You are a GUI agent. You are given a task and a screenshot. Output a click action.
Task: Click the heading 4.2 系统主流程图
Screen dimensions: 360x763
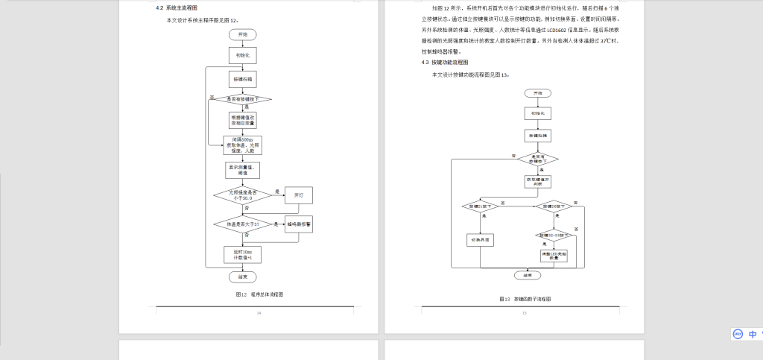(x=177, y=7)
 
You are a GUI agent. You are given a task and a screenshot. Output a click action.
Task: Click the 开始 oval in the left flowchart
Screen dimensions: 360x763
(x=242, y=34)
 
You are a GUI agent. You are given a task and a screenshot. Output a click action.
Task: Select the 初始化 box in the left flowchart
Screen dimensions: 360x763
(x=242, y=55)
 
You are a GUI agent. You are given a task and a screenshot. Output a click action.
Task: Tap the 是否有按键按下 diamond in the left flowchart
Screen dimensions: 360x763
(x=242, y=98)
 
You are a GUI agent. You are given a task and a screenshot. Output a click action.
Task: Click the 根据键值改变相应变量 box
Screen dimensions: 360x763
(x=242, y=120)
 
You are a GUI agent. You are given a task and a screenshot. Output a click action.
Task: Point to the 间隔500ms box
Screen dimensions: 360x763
(x=242, y=145)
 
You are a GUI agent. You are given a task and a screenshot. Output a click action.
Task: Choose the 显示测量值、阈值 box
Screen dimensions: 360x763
(x=242, y=171)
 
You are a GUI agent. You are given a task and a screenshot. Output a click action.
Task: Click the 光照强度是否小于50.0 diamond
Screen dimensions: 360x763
(x=242, y=195)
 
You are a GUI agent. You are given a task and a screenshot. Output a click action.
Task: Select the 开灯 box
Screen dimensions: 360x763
(x=299, y=195)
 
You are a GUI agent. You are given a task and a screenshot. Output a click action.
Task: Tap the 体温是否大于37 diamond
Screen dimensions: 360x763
(x=242, y=224)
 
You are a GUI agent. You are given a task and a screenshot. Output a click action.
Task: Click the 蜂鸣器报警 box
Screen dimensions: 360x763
(x=299, y=224)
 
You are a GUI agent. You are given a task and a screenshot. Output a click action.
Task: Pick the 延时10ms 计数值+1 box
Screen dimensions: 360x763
(x=242, y=255)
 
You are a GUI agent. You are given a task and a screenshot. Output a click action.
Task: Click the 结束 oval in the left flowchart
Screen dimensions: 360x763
(x=242, y=277)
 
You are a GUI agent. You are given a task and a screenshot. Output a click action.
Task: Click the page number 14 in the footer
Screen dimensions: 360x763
(x=259, y=313)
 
